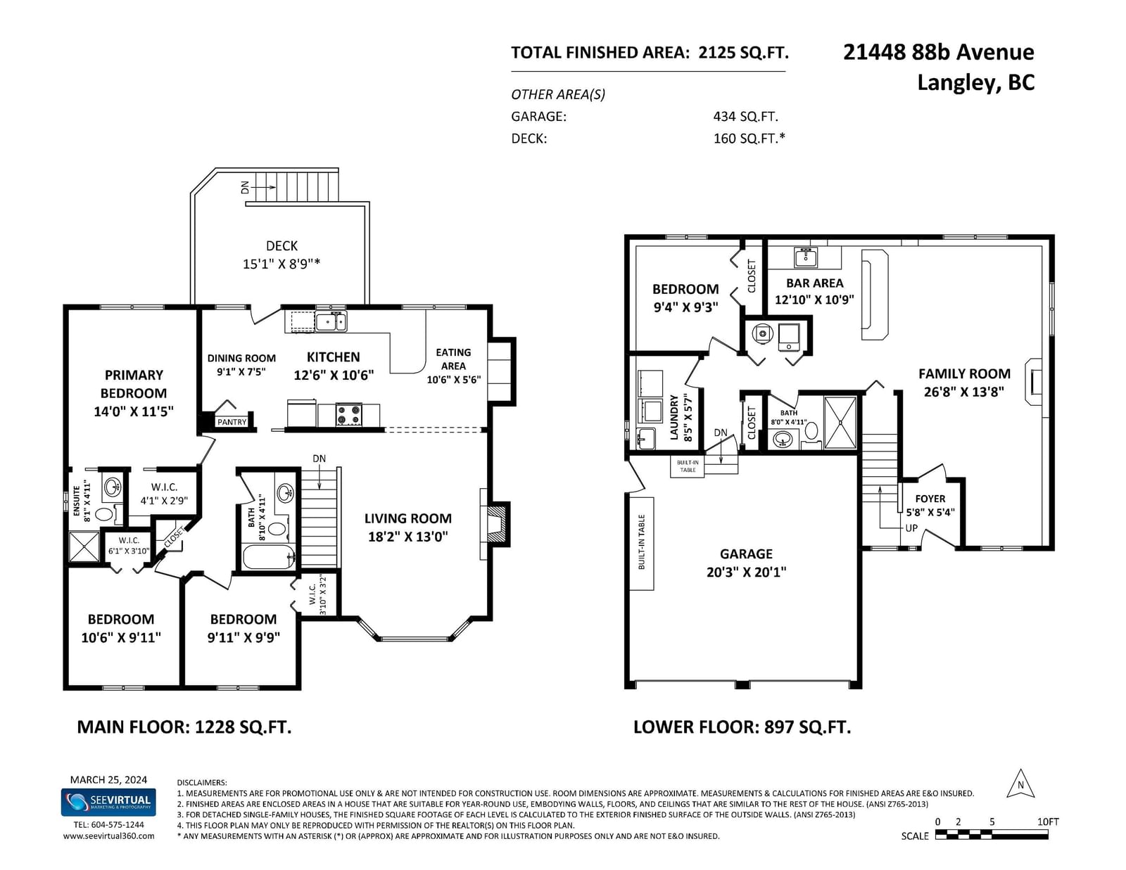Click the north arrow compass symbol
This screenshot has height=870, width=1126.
[x=1020, y=783]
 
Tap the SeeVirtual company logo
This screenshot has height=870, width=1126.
[x=108, y=802]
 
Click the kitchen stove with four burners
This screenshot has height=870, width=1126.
[x=348, y=415]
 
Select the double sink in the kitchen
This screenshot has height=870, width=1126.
[x=331, y=322]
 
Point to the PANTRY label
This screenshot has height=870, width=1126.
[x=232, y=422]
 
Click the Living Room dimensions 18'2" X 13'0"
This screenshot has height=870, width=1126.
[x=407, y=537]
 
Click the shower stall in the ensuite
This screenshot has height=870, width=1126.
[x=84, y=546]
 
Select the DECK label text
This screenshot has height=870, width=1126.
[x=282, y=246]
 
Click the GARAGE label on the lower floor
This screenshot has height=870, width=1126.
[x=746, y=554]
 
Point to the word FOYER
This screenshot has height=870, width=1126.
[x=930, y=499]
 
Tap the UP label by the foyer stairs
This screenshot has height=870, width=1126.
[x=911, y=528]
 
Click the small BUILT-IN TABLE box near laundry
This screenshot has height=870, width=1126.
[x=688, y=466]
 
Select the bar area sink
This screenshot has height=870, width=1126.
[x=806, y=257]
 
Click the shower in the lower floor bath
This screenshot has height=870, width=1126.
[x=840, y=423]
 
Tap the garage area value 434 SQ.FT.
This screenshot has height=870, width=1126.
[x=746, y=117]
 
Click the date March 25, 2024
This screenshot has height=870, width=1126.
[x=108, y=780]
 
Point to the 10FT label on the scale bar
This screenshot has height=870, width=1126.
[x=1048, y=822]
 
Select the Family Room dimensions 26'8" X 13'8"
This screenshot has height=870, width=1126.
[x=964, y=392]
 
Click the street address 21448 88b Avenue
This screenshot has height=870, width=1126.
[x=938, y=52]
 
